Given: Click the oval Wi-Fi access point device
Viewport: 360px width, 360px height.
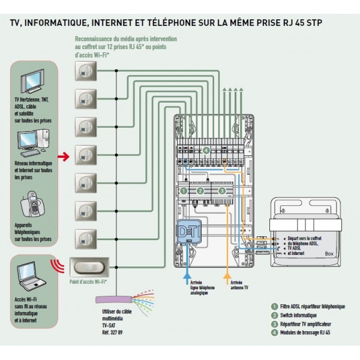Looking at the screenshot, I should click(x=89, y=266).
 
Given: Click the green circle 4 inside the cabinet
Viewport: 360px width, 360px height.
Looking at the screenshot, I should click(x=206, y=150).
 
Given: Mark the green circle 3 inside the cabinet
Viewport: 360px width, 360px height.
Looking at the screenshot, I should click(x=223, y=191).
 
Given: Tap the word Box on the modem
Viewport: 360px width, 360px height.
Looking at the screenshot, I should click(x=329, y=253).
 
